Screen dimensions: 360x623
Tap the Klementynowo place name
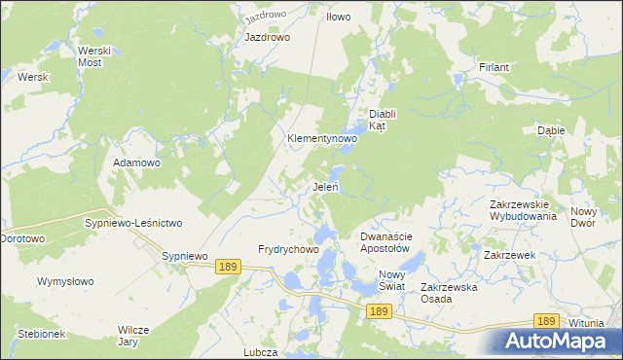(x=321, y=139)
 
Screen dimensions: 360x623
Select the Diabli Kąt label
(x=385, y=119)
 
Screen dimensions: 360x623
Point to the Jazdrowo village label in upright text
(x=268, y=37)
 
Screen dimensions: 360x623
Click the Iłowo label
(x=338, y=18)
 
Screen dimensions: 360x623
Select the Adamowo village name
(x=136, y=162)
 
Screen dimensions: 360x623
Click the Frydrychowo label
(x=288, y=249)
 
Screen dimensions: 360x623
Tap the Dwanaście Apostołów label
(x=390, y=242)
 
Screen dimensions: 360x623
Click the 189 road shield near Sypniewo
(x=229, y=267)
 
